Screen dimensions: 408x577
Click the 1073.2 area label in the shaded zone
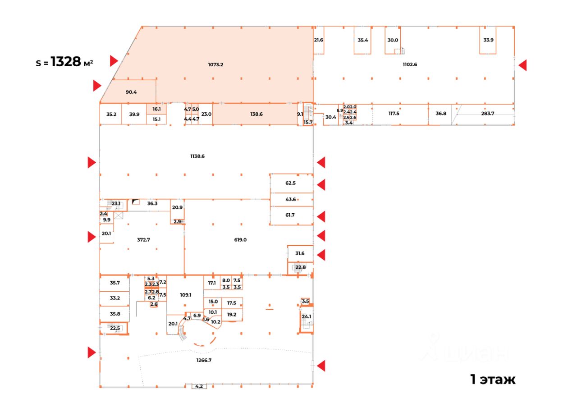click(x=215, y=64)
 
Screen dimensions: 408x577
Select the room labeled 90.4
click(x=131, y=92)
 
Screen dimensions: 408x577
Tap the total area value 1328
click(x=65, y=62)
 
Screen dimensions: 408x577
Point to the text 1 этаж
click(x=493, y=380)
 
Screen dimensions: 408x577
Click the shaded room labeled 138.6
click(x=256, y=115)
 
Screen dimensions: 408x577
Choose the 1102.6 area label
click(x=410, y=64)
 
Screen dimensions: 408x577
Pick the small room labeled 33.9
click(x=488, y=40)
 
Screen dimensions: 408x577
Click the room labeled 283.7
click(x=488, y=113)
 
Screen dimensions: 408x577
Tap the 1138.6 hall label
click(x=197, y=156)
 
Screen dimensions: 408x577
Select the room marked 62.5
click(x=291, y=183)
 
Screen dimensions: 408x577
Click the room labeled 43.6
click(x=291, y=199)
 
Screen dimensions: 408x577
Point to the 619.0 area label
click(x=240, y=240)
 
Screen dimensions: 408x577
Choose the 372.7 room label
click(x=143, y=240)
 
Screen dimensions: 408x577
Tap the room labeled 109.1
click(x=186, y=295)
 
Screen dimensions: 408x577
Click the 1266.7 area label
click(x=204, y=360)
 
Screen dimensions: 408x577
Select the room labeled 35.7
click(x=115, y=283)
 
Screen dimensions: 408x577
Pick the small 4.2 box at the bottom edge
click(x=199, y=386)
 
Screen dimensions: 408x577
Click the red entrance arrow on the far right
click(x=522, y=65)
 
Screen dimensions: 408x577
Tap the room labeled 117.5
click(x=394, y=114)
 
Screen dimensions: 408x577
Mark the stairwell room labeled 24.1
click(x=307, y=317)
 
